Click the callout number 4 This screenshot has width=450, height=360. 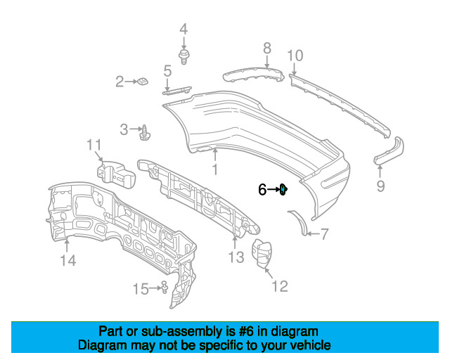click(184, 30)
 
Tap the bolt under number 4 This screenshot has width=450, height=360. click(184, 57)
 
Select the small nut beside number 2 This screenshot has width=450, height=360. click(143, 82)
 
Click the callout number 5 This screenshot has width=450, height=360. click(167, 71)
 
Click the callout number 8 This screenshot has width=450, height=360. click(267, 48)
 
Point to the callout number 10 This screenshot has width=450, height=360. click(295, 56)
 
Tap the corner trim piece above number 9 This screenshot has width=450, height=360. click(390, 151)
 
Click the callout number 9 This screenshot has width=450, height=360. click(380, 186)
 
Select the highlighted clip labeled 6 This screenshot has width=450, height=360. click(283, 189)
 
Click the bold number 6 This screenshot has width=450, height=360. click(262, 189)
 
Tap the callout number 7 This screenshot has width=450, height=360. click(324, 234)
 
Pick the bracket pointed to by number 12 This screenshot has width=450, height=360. click(262, 255)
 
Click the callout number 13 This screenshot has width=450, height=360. click(236, 257)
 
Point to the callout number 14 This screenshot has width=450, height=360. click(68, 261)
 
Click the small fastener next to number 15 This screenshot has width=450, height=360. click(165, 287)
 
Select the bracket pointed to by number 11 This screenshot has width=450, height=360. click(115, 174)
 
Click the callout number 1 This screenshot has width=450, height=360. click(215, 169)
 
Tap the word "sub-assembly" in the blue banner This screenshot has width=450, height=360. click(181, 332)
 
